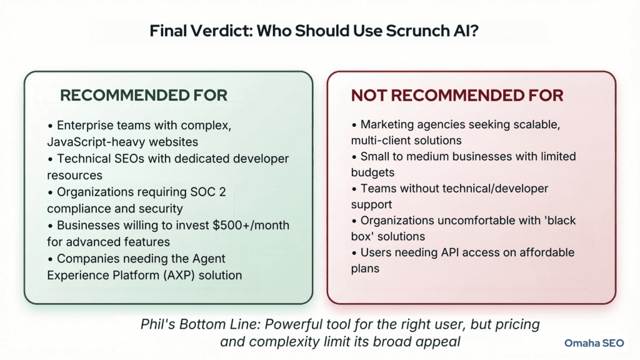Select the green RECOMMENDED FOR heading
click(144, 96)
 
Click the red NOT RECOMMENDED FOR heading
click(457, 96)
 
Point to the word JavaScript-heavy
click(94, 141)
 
